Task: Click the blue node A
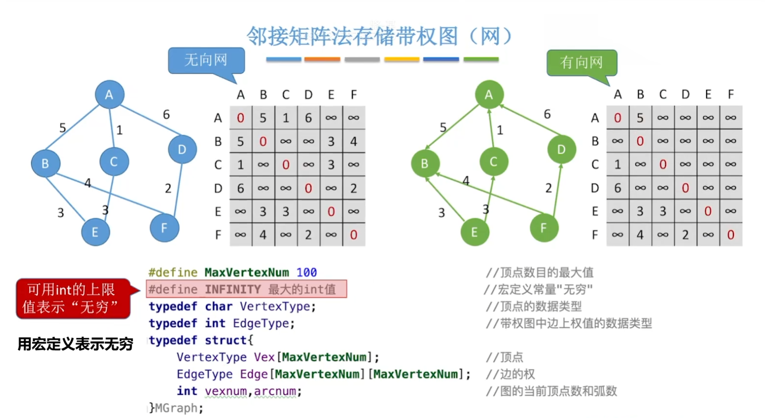pos(109,95)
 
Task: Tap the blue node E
pos(95,232)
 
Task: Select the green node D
pos(561,149)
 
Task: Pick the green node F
pos(544,228)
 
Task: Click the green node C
pos(493,161)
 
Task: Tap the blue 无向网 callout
pos(206,60)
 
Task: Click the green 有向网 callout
pos(581,62)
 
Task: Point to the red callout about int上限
pos(73,298)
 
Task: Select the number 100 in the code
pos(306,272)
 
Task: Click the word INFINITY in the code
pos(233,289)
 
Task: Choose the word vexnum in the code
pos(225,391)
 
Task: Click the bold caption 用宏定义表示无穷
pos(75,344)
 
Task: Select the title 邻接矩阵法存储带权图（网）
pos(379,36)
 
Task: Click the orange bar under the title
pos(322,59)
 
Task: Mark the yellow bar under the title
pos(402,59)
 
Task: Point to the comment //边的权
pos(510,374)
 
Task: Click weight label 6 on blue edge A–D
pos(166,115)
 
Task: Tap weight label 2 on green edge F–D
pos(549,188)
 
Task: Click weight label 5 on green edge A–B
pos(443,128)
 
